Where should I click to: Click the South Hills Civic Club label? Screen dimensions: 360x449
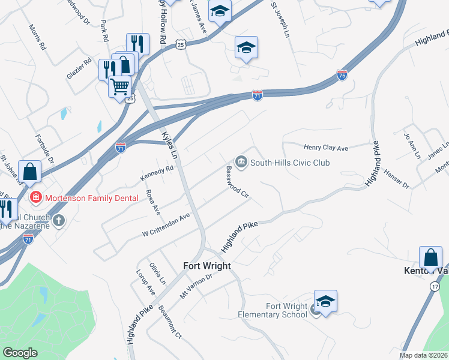[290, 163]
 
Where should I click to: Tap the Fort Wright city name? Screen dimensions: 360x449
[206, 266]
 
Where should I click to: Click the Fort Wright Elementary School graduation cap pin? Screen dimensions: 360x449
[325, 301]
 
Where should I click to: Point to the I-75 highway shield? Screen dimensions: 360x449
[342, 76]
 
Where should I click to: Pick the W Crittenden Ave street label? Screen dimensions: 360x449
[166, 224]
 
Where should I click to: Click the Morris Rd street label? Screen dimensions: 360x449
[37, 37]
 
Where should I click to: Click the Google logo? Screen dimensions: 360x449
[20, 353]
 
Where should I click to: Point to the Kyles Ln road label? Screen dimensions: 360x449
[169, 145]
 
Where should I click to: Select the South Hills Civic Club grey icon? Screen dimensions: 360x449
[241, 160]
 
